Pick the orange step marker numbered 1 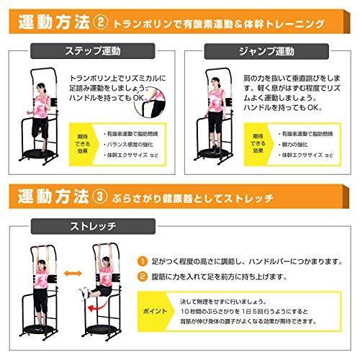point(144,261)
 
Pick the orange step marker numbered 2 point(144,276)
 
